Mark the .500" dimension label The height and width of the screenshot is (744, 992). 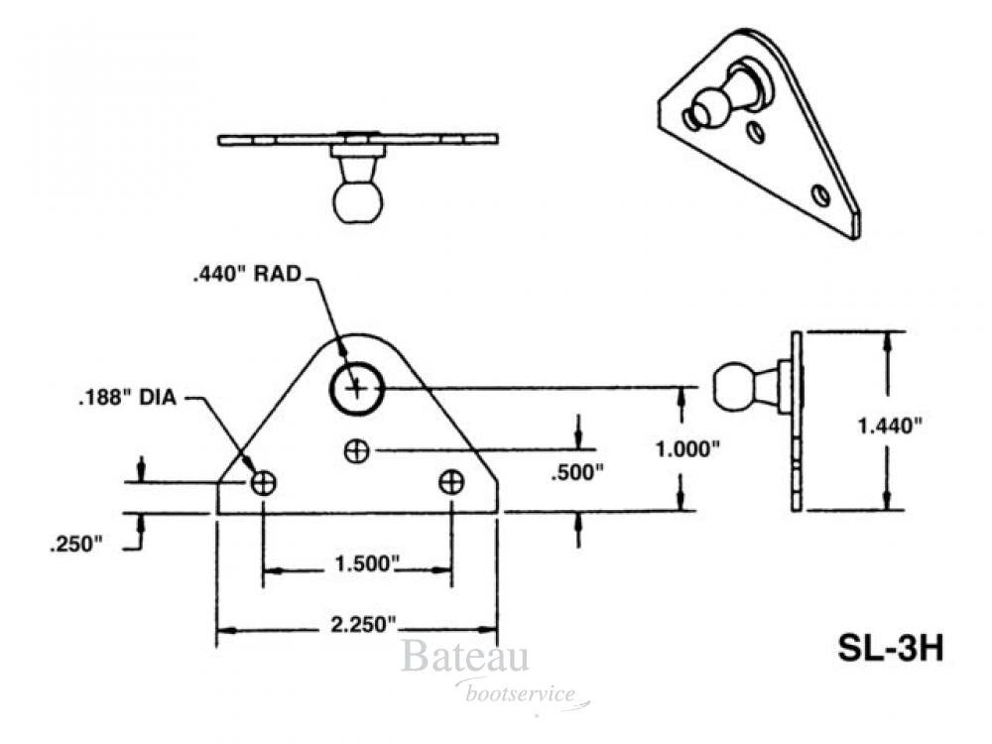click(x=577, y=473)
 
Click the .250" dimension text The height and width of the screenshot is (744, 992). click(x=74, y=544)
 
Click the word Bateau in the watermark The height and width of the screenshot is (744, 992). click(x=464, y=659)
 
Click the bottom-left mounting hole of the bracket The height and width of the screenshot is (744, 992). click(x=263, y=483)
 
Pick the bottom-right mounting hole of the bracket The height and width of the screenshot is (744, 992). click(x=451, y=483)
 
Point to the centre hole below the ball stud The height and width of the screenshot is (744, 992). click(x=356, y=451)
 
